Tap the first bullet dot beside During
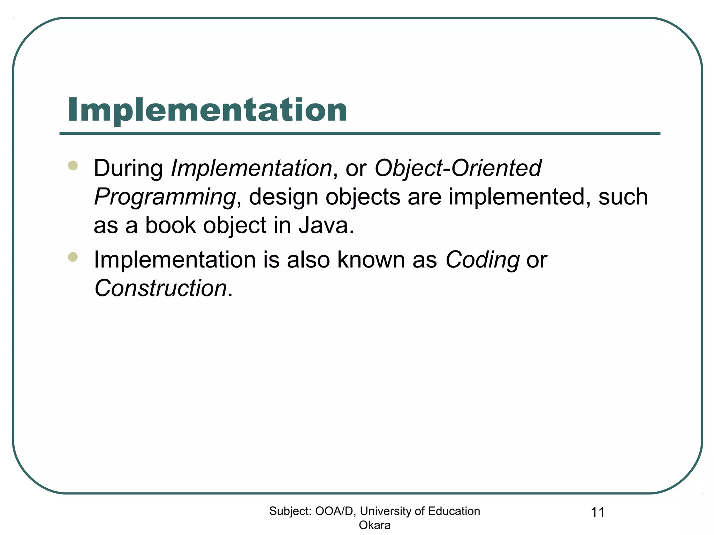(x=73, y=165)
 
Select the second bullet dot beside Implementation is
(x=73, y=257)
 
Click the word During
(x=128, y=168)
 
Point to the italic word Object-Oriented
(x=458, y=168)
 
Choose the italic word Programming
(x=165, y=197)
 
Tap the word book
(x=170, y=225)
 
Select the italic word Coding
(x=482, y=260)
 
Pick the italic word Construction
(x=161, y=288)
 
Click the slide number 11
(x=598, y=512)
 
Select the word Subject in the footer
(x=290, y=511)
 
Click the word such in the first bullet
(x=623, y=197)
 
